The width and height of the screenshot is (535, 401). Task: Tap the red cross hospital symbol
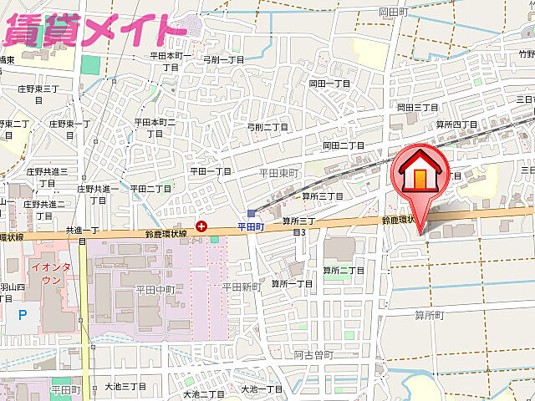coord(202,226)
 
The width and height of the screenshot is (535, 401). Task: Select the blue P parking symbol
coord(23,314)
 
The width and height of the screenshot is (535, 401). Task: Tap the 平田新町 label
coord(242,287)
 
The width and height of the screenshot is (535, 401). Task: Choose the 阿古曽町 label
coord(313,354)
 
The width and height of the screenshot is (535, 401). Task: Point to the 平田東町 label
coord(277,171)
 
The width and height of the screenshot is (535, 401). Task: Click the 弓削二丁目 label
coord(267,127)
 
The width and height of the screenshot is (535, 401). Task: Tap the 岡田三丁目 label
coord(418,108)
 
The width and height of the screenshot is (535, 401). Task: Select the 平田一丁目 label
coord(211,171)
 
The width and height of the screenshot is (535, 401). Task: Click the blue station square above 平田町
coord(251,213)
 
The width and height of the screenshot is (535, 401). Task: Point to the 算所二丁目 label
coord(344,270)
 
